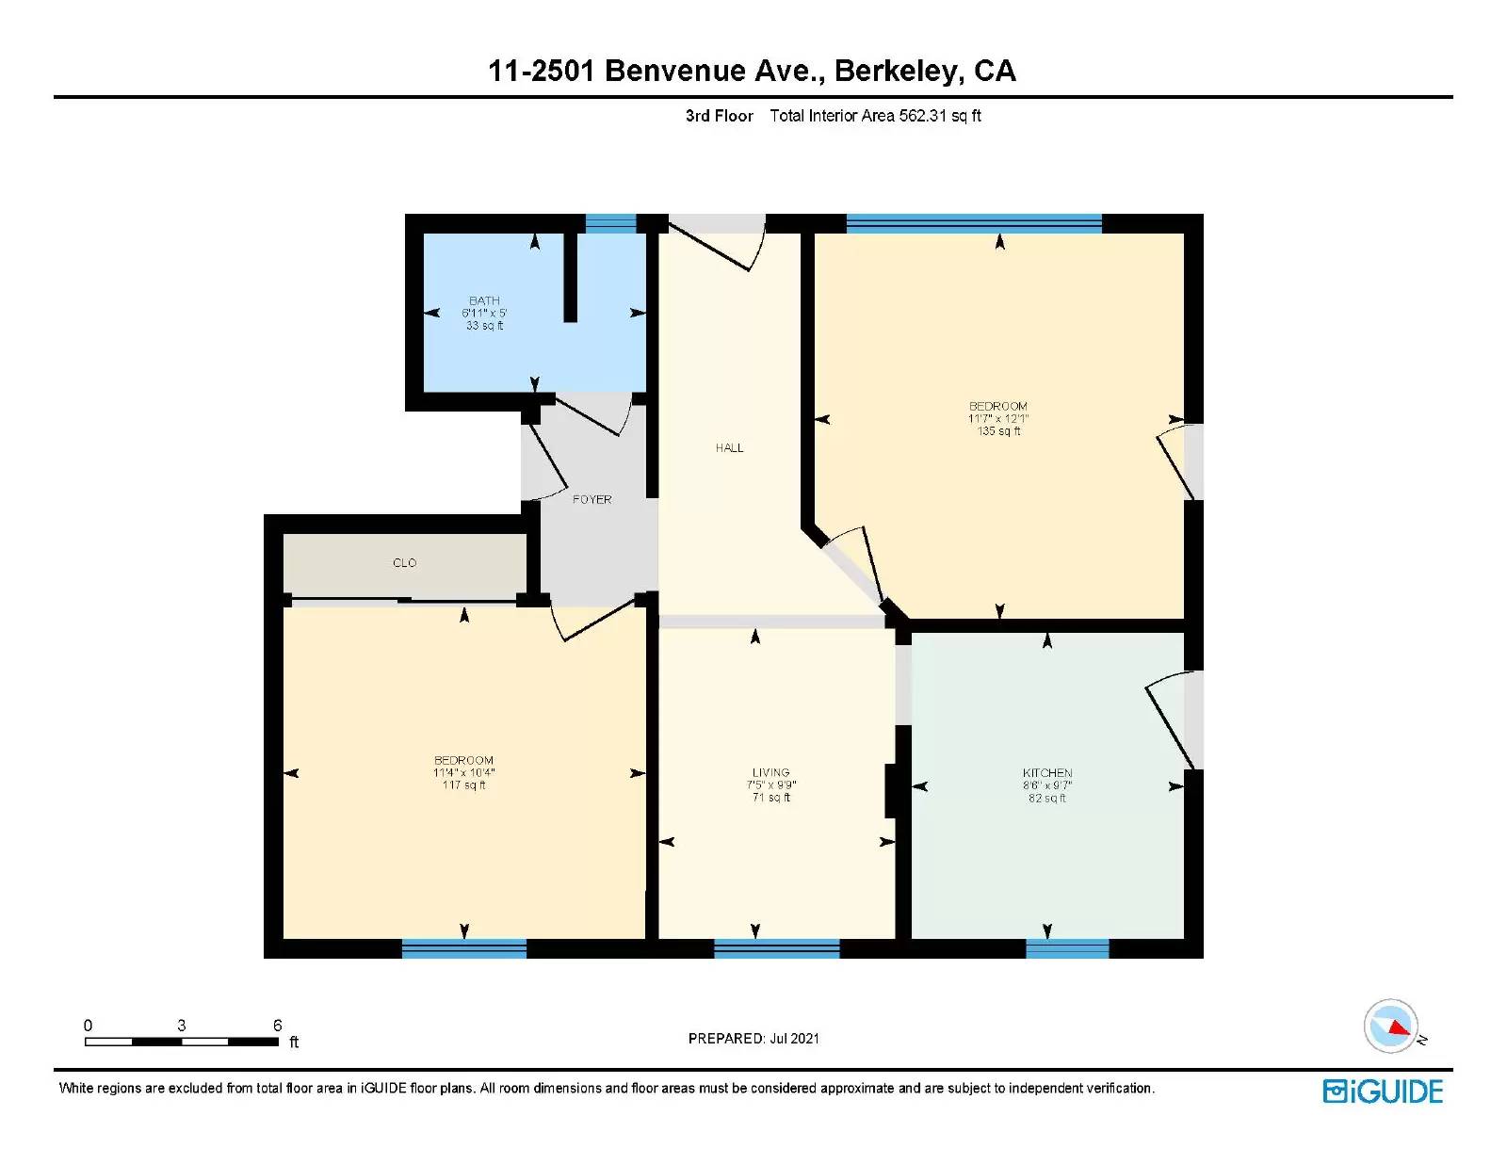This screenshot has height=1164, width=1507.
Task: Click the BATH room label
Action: pos(484,300)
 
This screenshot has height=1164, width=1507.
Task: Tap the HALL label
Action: pos(729,448)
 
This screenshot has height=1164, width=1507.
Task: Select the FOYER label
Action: pos(591,499)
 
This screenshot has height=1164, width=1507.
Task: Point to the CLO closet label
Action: pos(404,562)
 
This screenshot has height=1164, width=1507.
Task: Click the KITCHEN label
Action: pos(1047,772)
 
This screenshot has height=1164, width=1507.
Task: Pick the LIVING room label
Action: pos(770,772)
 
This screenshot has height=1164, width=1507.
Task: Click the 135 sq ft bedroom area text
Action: pos(998,431)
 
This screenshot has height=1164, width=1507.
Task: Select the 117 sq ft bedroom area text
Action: pos(463,785)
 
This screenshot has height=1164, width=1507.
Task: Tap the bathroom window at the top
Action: pos(611,223)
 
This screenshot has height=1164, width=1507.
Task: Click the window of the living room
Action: pos(776,948)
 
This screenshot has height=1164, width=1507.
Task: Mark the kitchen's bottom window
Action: pos(1066,948)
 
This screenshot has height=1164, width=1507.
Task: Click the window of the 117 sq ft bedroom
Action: pos(463,948)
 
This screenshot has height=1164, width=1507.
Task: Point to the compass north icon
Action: pos(1391,1027)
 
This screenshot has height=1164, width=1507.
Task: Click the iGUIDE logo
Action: pos(1383,1091)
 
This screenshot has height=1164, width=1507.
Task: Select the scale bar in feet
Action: pos(181,1041)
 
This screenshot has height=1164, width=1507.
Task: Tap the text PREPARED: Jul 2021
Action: pos(753,1039)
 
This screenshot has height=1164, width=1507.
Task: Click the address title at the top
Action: pos(752,71)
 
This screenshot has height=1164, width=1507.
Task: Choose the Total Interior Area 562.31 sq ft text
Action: pos(875,116)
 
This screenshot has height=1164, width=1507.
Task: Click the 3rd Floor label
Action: pos(719,116)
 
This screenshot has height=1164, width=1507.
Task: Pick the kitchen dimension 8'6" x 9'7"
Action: pos(1047,785)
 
